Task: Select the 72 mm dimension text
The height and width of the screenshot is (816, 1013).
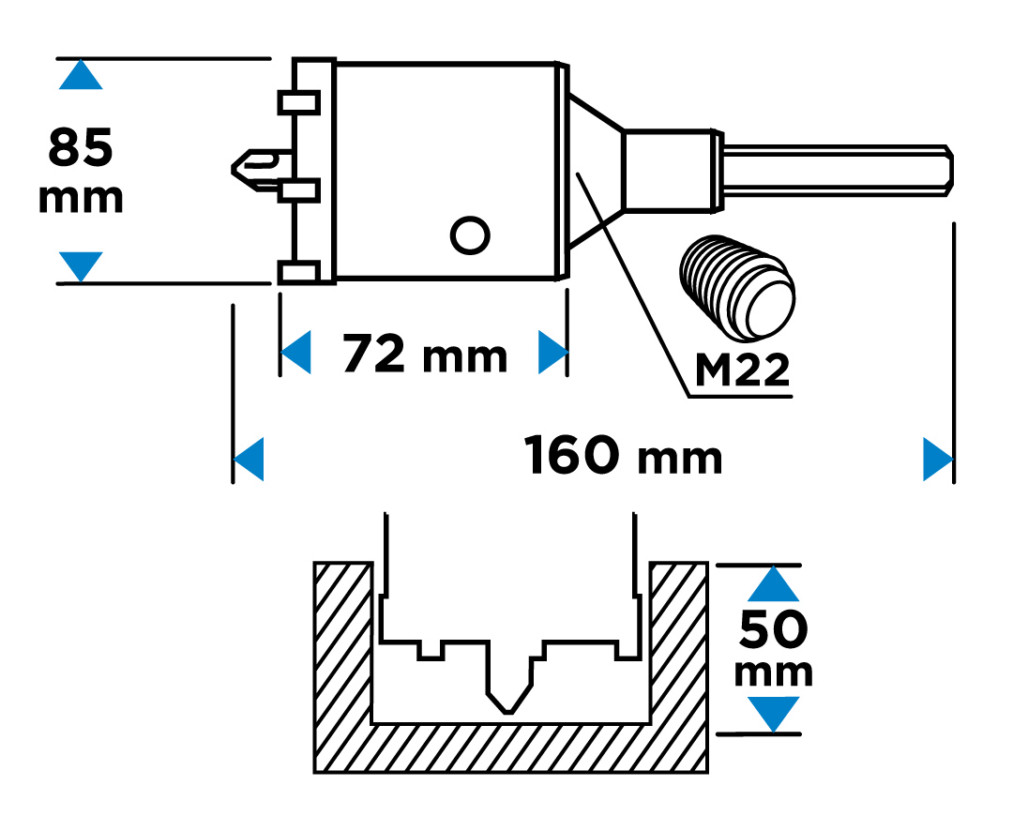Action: pos(424,354)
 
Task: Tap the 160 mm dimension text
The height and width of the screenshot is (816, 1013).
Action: pos(624,457)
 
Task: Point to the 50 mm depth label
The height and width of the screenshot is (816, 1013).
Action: pos(774,647)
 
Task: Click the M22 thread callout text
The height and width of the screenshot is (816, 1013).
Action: pos(741,371)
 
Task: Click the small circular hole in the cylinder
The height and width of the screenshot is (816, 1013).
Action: pos(470,234)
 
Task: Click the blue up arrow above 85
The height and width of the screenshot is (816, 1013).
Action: pos(81,75)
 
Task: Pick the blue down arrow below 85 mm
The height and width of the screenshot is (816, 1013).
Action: pos(81,265)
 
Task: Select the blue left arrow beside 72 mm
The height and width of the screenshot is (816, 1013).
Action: pos(296,353)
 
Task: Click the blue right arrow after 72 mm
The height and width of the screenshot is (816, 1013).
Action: pos(552,353)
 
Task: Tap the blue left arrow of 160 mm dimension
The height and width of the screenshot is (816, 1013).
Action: pos(249,459)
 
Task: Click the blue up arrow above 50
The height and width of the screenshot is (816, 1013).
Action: pos(774,584)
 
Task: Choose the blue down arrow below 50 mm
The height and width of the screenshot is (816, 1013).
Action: pos(774,713)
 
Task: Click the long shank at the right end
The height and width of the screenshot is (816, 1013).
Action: pos(835,172)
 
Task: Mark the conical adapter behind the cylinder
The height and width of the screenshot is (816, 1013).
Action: pos(594,172)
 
